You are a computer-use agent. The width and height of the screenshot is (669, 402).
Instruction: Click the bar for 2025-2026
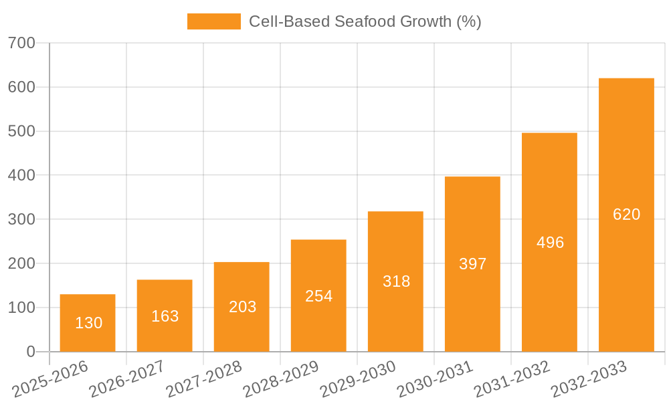click(x=88, y=323)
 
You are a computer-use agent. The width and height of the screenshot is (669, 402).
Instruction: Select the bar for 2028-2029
click(x=318, y=295)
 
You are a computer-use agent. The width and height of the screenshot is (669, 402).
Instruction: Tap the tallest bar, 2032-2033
click(x=626, y=214)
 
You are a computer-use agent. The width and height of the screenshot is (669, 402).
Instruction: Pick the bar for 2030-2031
click(x=472, y=264)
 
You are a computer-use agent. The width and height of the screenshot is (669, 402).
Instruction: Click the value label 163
click(x=165, y=316)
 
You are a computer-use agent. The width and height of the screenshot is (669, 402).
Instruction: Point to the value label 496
click(x=550, y=243)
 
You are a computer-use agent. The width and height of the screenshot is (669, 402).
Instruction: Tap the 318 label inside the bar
click(x=396, y=281)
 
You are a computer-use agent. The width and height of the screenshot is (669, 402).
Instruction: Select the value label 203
click(x=242, y=307)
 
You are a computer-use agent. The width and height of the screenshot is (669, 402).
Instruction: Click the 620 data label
click(x=626, y=214)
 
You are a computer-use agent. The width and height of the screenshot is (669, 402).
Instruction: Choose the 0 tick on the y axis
click(x=30, y=352)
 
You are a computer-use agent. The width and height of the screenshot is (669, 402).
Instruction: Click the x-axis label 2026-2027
click(x=127, y=379)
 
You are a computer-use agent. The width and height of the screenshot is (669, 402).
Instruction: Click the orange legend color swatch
click(x=213, y=21)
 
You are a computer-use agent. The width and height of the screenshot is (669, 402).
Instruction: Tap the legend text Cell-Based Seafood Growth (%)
click(x=365, y=21)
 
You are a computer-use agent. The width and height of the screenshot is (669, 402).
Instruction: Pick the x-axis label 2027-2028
click(x=204, y=379)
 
